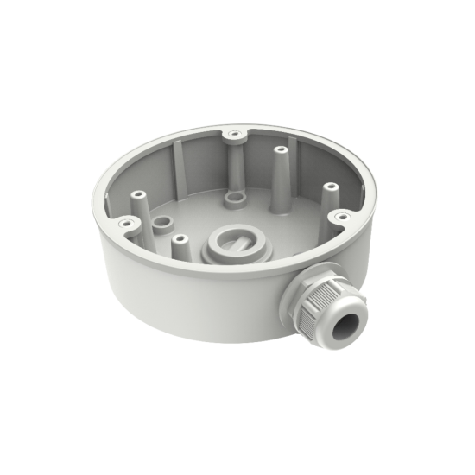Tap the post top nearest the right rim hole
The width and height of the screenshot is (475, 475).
tap(326, 187)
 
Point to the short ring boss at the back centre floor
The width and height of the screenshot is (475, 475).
tap(231, 196)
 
